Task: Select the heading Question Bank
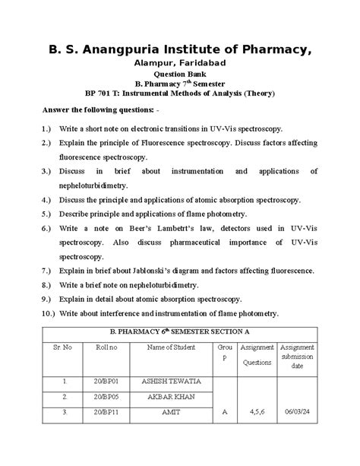(180, 74)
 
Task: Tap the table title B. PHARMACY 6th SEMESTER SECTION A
(180, 331)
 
